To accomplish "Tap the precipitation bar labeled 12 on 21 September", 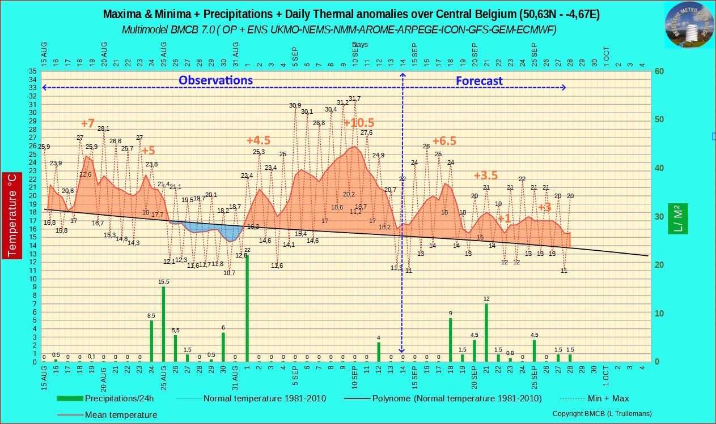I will coord(486,332).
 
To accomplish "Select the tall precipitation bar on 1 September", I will coord(247,309).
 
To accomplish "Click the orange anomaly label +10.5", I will coord(359,123).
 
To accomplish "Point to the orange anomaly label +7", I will coord(88,123).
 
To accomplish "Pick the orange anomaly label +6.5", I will coord(444,141).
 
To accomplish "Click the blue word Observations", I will coord(215,80).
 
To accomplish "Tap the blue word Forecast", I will coord(479,81).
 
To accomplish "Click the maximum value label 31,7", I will coord(354,99).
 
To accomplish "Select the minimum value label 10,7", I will coord(229,273).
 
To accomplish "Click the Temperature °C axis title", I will coord(12,215).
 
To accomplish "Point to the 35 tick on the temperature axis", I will coord(33,71).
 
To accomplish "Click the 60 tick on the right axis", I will coord(659,71).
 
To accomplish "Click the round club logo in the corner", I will coord(689,25).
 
